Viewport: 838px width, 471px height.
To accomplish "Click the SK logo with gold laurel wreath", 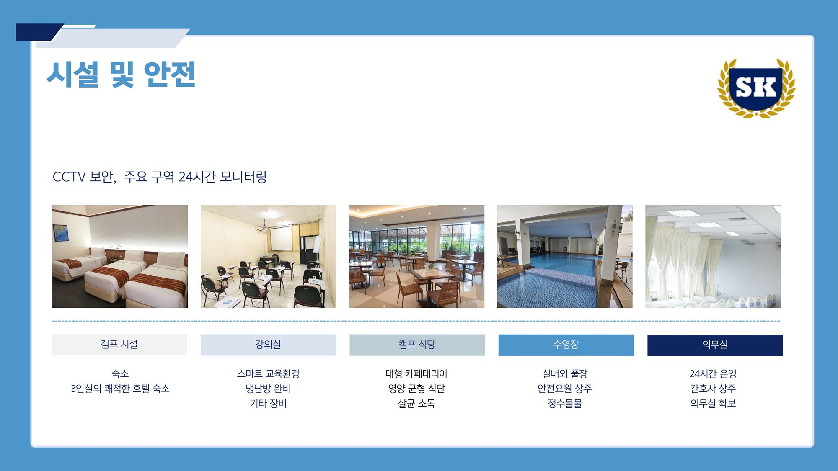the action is coord(756,88).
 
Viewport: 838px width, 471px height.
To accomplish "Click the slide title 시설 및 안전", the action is coord(121,75).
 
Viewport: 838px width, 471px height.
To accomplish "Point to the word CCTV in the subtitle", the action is coord(69,177).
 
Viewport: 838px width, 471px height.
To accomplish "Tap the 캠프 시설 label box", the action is coord(119,345).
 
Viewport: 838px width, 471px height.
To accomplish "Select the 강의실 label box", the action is coord(268,345).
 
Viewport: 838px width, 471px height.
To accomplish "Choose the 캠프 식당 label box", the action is coord(417,345).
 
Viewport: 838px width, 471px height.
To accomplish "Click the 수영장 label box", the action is coord(566,345).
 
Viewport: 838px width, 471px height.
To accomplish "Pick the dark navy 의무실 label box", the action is coord(715,345).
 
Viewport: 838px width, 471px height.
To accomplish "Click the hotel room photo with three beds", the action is coord(120,256).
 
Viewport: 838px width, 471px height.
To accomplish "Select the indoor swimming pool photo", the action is coord(565,256).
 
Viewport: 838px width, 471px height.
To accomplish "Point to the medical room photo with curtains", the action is coord(713,256).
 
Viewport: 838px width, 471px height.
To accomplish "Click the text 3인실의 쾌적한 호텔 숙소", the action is coord(120,389).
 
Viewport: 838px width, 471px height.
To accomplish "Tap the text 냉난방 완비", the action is coord(268,389).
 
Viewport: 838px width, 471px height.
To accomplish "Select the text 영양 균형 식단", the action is coord(416,389).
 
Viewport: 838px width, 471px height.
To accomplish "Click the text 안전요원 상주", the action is coord(565,389).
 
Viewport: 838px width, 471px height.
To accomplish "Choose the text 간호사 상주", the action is coord(713,389).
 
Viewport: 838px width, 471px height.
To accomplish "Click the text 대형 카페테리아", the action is coord(416,373).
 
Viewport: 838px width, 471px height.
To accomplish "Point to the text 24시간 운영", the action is coord(713,373).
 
